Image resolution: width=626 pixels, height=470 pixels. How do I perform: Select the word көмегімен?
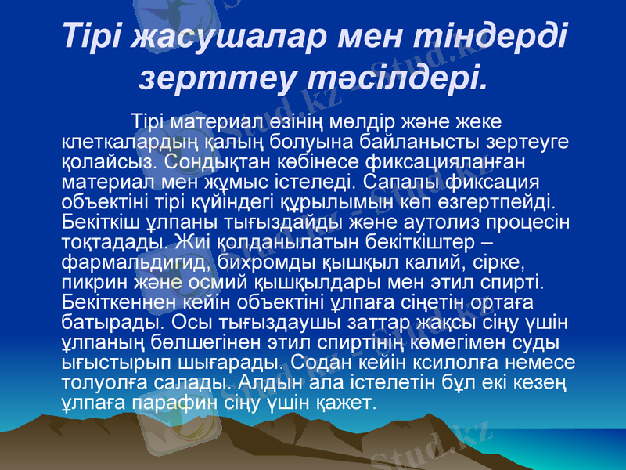pyautogui.click(x=454, y=343)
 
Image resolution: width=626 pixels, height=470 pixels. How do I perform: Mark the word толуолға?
pyautogui.click(x=99, y=383)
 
